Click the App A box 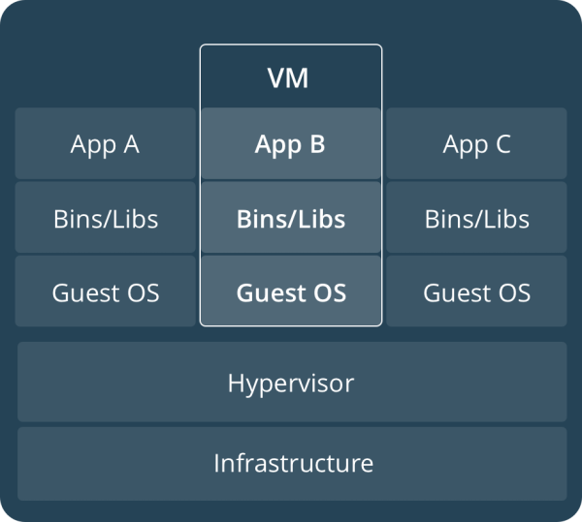coord(106,143)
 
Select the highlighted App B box coord(291,143)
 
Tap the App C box coord(476,143)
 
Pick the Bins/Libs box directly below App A coord(106,218)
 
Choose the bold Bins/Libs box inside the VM coord(291,218)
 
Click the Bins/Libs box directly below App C coord(476,218)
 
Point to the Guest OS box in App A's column coord(106,292)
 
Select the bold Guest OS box coord(291,292)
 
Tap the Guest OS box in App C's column coord(476,292)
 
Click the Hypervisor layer coord(292,382)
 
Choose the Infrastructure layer coord(292,464)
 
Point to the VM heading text coord(288,78)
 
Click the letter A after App coord(131,143)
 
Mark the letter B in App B coord(318,143)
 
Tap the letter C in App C coord(503,143)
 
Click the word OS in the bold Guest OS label coord(330,292)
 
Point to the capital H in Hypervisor coord(236,383)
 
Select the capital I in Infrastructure coord(216,463)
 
